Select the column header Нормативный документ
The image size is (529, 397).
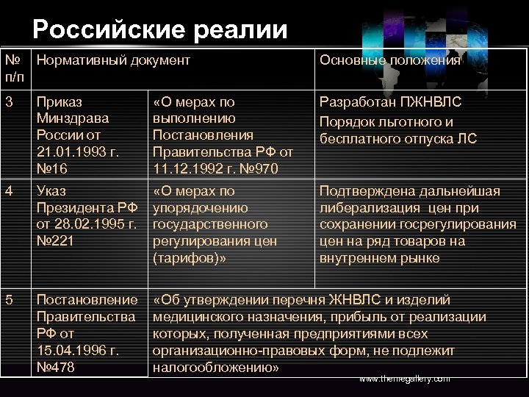pyautogui.click(x=113, y=60)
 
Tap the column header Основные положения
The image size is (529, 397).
pyautogui.click(x=390, y=60)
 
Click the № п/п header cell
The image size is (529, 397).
pyautogui.click(x=15, y=68)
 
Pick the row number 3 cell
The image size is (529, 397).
pyautogui.click(x=8, y=101)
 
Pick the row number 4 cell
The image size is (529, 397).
pyautogui.click(x=8, y=191)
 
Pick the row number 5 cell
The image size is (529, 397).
pyautogui.click(x=8, y=300)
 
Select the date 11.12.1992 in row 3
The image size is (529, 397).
pyautogui.click(x=187, y=169)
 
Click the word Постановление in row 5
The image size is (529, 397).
pyautogui.click(x=87, y=300)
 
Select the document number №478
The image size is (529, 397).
pyautogui.click(x=55, y=367)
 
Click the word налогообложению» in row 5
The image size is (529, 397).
pyautogui.click(x=216, y=367)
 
